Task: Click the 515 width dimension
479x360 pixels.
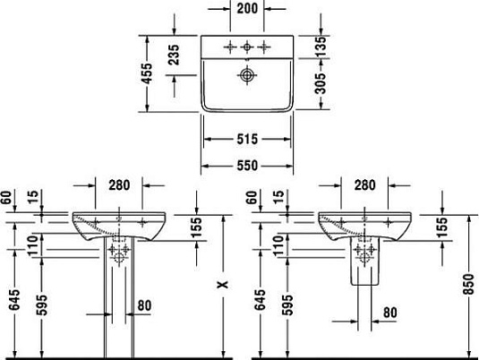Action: [248, 139]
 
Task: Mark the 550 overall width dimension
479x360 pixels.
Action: [248, 166]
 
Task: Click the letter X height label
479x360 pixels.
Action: [223, 284]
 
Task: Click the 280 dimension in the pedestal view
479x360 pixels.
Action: [119, 185]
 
